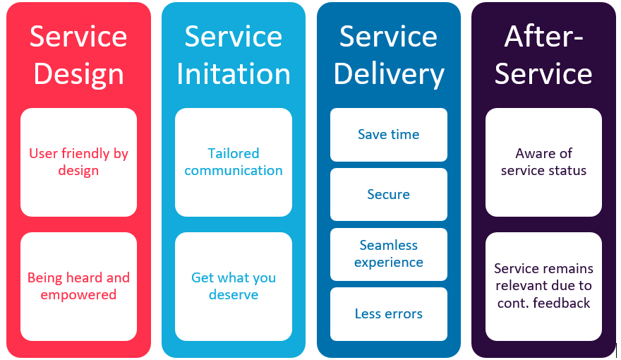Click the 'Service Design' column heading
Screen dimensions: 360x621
tap(78, 55)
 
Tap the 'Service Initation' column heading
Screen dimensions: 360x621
tap(234, 55)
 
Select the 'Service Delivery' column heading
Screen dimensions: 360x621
tap(389, 55)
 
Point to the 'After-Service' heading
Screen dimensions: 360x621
tap(543, 55)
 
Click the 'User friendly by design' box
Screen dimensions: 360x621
tap(78, 162)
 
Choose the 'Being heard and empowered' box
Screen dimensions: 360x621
tap(78, 287)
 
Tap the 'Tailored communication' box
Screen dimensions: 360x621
tap(234, 162)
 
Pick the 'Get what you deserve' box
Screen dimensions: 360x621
tap(234, 287)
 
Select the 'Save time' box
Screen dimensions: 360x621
tap(389, 135)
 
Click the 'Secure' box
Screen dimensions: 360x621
tap(389, 194)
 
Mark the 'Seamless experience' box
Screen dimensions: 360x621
tap(389, 254)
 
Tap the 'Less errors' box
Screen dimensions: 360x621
tap(389, 314)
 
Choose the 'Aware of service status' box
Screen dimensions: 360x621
tap(543, 162)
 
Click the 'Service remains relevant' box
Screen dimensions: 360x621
tap(543, 287)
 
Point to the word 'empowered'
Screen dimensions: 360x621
tap(78, 295)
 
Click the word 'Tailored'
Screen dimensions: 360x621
tap(234, 153)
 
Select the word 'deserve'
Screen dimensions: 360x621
tap(234, 295)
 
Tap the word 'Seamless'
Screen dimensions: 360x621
tap(389, 246)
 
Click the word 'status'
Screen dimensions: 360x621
tap(567, 171)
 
